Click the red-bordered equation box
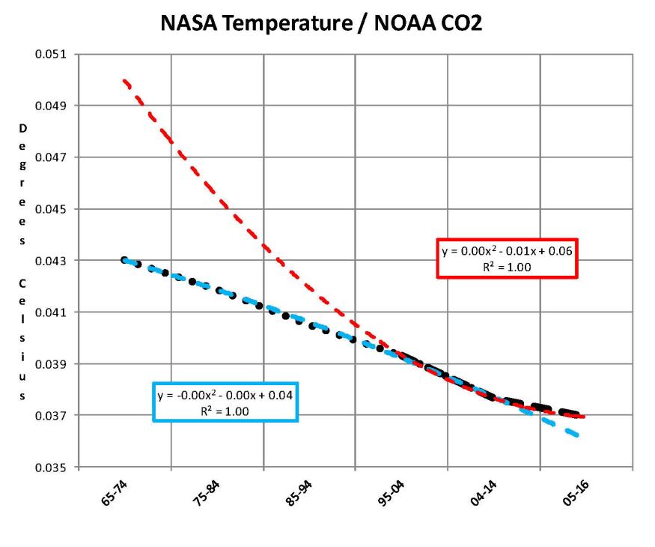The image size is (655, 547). click(x=508, y=259)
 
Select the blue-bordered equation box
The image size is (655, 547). click(x=225, y=402)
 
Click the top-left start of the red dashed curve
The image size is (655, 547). click(x=124, y=79)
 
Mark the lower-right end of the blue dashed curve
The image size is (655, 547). click(x=579, y=435)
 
